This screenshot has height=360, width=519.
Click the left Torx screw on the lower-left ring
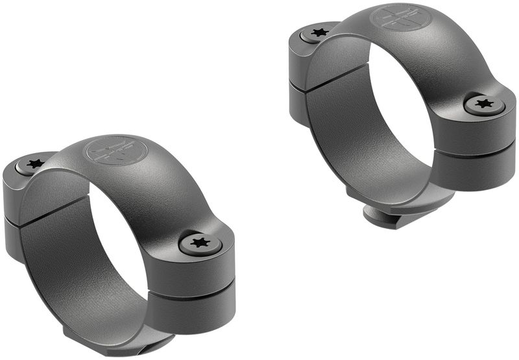(34, 164)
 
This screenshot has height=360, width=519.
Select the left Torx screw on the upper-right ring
(319, 32)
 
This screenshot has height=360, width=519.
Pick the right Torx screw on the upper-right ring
(483, 104)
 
